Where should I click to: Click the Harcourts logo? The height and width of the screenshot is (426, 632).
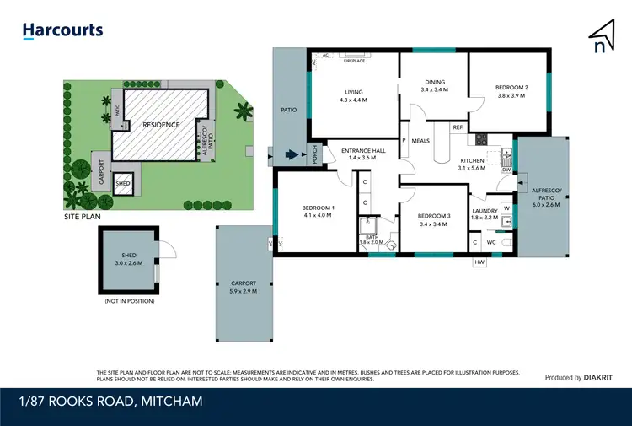pos(62,30)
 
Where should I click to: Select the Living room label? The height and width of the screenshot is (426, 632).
pos(353,97)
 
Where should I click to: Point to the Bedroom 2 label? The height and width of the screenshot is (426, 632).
pos(511,92)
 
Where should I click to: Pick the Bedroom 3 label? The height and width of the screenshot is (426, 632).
pos(435,220)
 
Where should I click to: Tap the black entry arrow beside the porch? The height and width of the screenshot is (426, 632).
pos(292,154)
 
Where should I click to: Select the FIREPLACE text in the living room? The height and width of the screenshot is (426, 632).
pos(355,61)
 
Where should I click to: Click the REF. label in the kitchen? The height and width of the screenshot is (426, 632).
pos(458,127)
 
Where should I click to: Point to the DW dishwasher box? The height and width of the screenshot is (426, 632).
pos(506,170)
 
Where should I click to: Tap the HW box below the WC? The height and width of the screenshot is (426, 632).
pos(480,262)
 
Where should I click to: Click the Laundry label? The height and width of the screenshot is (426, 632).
pos(485,214)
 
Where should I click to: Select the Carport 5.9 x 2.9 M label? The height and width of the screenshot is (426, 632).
pos(243,287)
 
